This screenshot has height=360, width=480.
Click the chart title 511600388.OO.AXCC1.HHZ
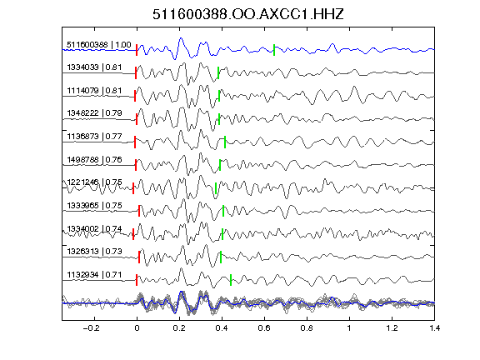click(x=248, y=14)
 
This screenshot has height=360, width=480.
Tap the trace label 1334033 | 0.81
click(x=94, y=67)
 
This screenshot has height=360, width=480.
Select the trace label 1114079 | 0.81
click(x=94, y=91)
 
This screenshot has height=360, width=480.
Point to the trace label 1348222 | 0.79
click(x=94, y=113)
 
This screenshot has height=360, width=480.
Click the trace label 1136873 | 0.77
click(x=94, y=136)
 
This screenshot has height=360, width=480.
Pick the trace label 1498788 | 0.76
click(x=94, y=159)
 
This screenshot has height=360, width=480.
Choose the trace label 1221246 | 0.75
click(x=94, y=182)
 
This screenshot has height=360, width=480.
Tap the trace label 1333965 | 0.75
click(x=94, y=205)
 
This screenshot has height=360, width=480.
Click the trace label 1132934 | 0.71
click(x=94, y=275)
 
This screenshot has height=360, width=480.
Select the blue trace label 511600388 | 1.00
click(x=99, y=45)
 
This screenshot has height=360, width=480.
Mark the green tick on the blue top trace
click(x=274, y=50)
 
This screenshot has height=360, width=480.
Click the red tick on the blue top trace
click(x=137, y=50)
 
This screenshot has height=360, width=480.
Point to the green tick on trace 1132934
click(x=231, y=280)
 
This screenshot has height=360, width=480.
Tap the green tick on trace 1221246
click(x=216, y=188)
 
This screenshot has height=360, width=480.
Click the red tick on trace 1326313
click(x=139, y=257)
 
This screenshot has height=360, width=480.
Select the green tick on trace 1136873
click(x=225, y=142)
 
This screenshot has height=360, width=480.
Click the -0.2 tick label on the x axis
click(x=91, y=328)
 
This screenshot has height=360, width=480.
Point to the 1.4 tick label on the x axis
click(x=435, y=328)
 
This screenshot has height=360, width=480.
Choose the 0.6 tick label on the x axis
click(x=264, y=328)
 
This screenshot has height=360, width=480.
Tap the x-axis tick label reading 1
click(x=349, y=328)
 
